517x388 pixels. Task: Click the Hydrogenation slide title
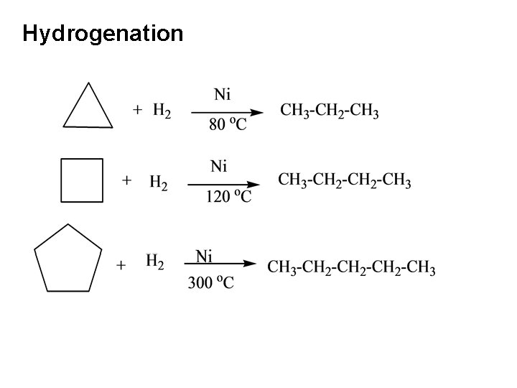point(103,33)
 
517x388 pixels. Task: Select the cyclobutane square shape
point(82,180)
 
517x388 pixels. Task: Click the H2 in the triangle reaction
point(162,111)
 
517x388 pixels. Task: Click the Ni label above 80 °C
point(223,94)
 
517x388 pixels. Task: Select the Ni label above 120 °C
point(219,167)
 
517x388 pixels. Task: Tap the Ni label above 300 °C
point(204,256)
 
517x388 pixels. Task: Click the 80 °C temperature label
point(228,125)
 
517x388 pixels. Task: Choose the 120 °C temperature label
point(228,196)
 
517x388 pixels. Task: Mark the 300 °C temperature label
point(210,283)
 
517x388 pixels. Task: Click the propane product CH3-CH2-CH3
point(330,111)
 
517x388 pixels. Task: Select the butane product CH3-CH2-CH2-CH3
point(345,180)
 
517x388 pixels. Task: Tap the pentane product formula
point(351,269)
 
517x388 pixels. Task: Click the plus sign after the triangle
point(138,110)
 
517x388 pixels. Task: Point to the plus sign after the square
point(127,180)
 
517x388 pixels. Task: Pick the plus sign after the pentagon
point(121,266)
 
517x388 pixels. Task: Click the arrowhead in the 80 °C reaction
point(256,111)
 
